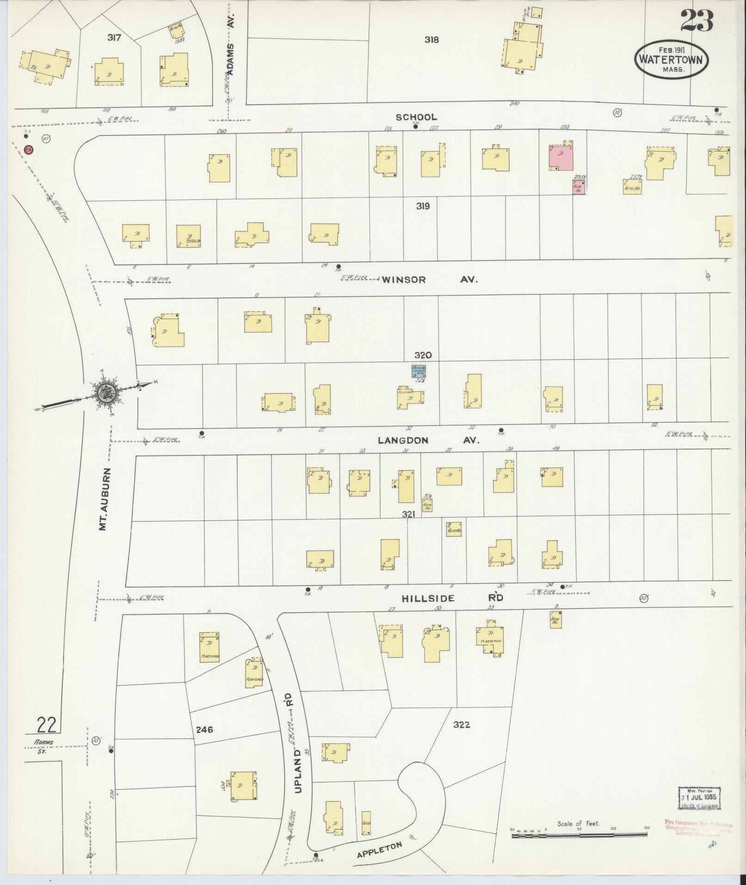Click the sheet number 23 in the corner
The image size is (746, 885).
(x=697, y=21)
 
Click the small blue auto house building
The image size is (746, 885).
(x=419, y=371)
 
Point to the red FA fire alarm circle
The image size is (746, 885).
(x=29, y=150)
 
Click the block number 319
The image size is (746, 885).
(x=422, y=206)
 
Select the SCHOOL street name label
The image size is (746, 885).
(x=416, y=118)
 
